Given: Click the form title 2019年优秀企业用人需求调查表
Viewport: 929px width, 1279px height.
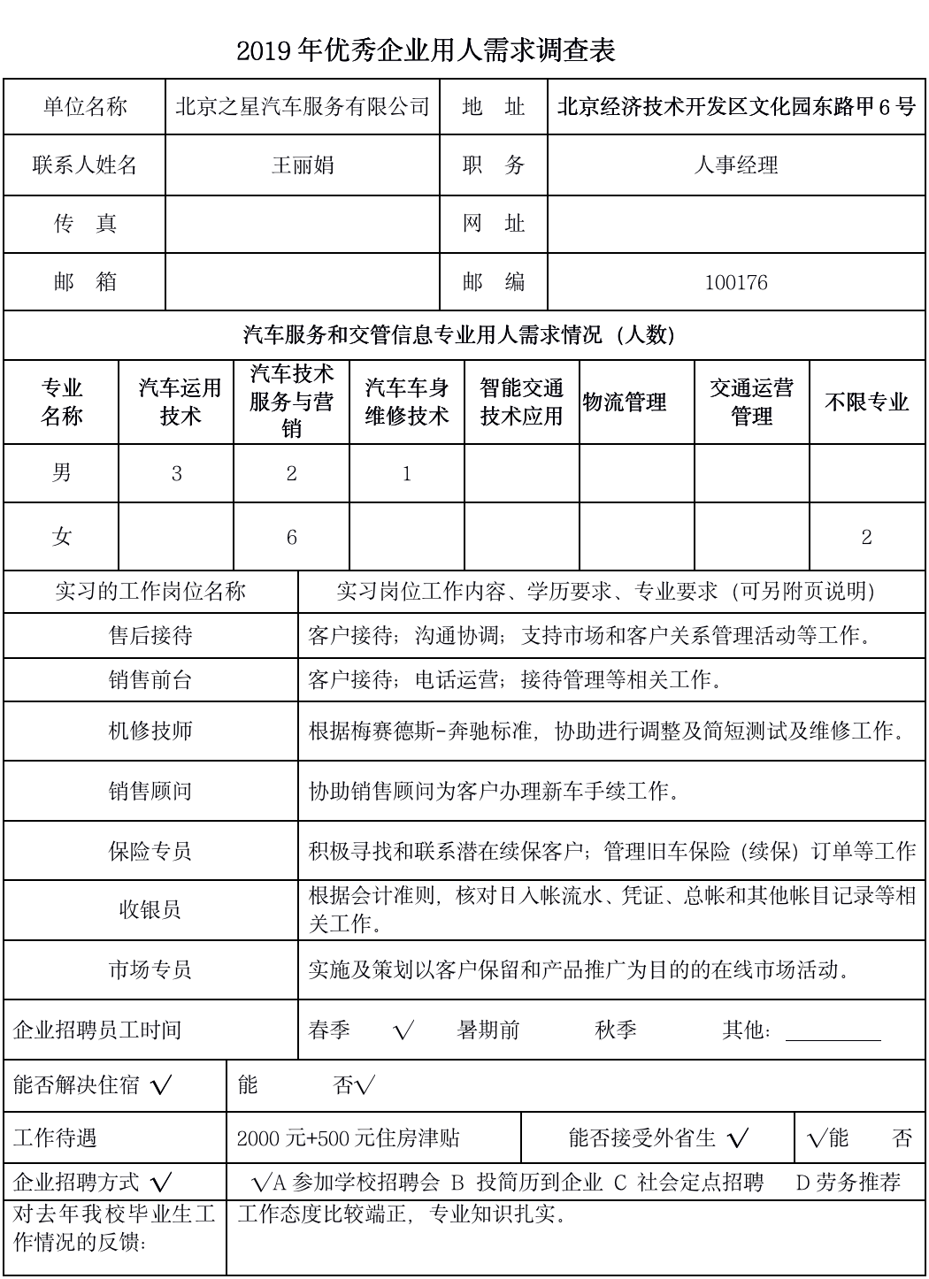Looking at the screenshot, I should (426, 50).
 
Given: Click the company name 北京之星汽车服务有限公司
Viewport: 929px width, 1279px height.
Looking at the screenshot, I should (303, 107).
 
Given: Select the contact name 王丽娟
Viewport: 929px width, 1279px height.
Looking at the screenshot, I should (303, 165).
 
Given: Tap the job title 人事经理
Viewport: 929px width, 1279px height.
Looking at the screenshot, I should (736, 165).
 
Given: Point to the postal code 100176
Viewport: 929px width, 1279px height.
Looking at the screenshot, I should (736, 283).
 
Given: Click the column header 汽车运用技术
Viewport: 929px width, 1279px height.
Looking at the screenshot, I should (180, 402).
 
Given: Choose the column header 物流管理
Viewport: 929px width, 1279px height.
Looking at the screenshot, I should (625, 402).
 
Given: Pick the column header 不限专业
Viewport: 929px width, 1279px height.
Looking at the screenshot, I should (866, 402).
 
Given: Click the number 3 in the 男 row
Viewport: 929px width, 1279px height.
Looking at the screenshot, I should (177, 474).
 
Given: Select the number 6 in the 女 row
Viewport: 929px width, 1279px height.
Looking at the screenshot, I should (292, 538).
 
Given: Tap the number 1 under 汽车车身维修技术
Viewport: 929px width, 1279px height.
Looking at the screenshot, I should (407, 474).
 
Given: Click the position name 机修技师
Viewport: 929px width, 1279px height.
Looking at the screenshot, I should (150, 731).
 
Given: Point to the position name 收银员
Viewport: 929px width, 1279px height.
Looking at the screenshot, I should (150, 909).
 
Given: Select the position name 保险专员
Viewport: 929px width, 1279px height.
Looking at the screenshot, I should (150, 851).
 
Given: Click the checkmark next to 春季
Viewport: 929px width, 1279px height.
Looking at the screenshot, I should (404, 1030).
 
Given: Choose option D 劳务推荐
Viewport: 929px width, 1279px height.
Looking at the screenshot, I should (848, 1183).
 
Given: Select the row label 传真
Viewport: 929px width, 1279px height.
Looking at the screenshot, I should (85, 224).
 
